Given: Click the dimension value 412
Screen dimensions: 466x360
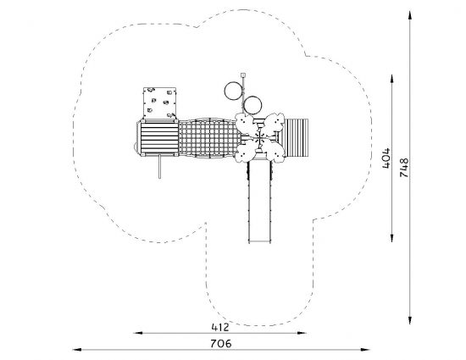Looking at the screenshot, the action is point(220,327).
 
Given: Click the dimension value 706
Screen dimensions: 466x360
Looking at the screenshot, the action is point(221,344).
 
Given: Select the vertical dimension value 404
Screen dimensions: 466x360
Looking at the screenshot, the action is point(386,158).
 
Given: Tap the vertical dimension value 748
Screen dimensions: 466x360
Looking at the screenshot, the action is point(404,168).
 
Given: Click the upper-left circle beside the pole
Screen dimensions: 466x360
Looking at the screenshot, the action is point(225,91).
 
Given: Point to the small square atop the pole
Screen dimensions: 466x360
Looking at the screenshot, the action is point(243,75).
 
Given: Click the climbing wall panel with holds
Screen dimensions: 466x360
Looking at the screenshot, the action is point(159,102).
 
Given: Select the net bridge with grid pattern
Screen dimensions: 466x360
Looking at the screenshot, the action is point(209,138).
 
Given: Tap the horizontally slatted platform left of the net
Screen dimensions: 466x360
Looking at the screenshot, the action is point(159,137).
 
